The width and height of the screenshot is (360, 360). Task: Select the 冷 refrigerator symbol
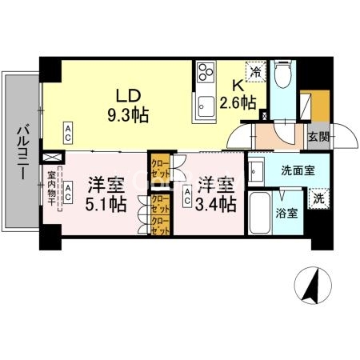pyautogui.click(x=256, y=71)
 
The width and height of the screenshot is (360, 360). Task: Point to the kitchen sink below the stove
pyautogui.click(x=206, y=105)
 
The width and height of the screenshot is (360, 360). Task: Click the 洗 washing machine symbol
pyautogui.click(x=318, y=197)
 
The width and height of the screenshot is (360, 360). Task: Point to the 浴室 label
pyautogui.click(x=287, y=214)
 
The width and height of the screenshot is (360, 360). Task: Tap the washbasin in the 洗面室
pyautogui.click(x=256, y=170)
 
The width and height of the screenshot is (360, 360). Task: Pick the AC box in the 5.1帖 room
pyautogui.click(x=70, y=191)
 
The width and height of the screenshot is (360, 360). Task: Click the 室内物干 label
pyautogui.click(x=51, y=190)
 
